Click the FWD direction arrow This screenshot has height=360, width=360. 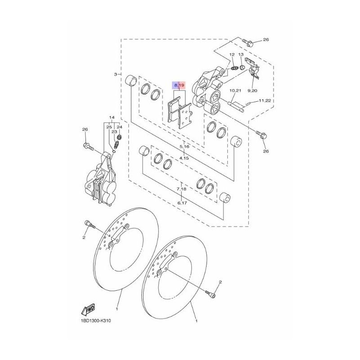[88, 310]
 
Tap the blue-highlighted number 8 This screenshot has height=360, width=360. [175, 85]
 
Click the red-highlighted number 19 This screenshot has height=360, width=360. [182, 85]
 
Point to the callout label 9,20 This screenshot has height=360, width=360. [252, 90]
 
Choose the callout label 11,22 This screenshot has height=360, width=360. [265, 100]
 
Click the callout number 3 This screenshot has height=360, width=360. [116, 74]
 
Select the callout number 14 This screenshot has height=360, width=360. [112, 118]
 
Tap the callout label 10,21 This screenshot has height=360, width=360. [235, 90]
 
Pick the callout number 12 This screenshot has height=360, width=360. [232, 54]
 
